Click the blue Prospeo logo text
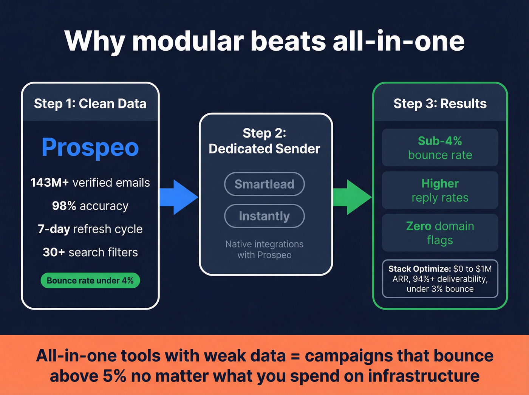click(90, 147)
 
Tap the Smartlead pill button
click(264, 184)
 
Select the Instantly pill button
click(264, 216)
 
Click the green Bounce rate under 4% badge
click(90, 280)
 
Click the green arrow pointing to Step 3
click(352, 197)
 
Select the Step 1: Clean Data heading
click(90, 104)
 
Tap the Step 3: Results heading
click(440, 104)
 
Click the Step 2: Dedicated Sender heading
click(264, 141)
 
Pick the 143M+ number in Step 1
click(49, 183)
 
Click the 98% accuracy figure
click(64, 206)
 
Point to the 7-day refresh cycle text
click(90, 229)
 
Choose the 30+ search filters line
click(90, 252)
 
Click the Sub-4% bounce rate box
click(440, 148)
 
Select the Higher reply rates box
click(440, 190)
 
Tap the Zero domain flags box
click(440, 233)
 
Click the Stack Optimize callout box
click(440, 279)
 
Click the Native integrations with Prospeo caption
click(264, 249)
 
